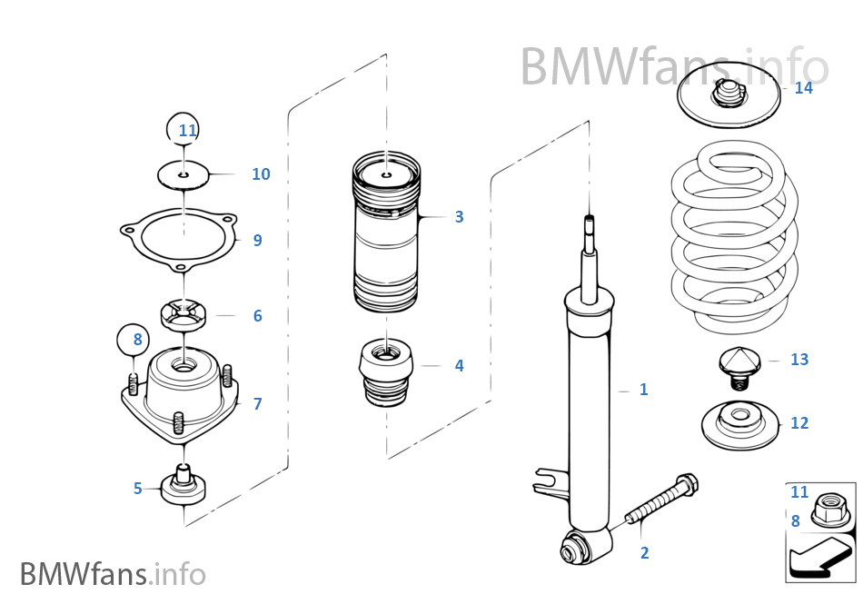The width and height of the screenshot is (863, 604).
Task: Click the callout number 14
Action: (x=803, y=88)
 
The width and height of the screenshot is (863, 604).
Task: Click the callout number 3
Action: (x=459, y=217)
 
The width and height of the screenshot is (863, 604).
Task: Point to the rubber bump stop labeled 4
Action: (x=387, y=372)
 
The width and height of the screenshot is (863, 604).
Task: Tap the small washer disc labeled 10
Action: (x=184, y=174)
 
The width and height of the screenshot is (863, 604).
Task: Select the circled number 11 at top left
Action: (x=187, y=130)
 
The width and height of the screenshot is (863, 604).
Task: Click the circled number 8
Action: (x=137, y=341)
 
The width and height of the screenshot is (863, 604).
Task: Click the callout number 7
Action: (x=257, y=404)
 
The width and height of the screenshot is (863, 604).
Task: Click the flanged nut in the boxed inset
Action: (x=828, y=507)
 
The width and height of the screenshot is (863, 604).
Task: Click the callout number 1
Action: (x=643, y=390)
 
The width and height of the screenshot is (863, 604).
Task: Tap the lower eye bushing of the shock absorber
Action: (x=574, y=549)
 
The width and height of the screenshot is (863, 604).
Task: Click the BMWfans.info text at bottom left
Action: (x=113, y=574)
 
